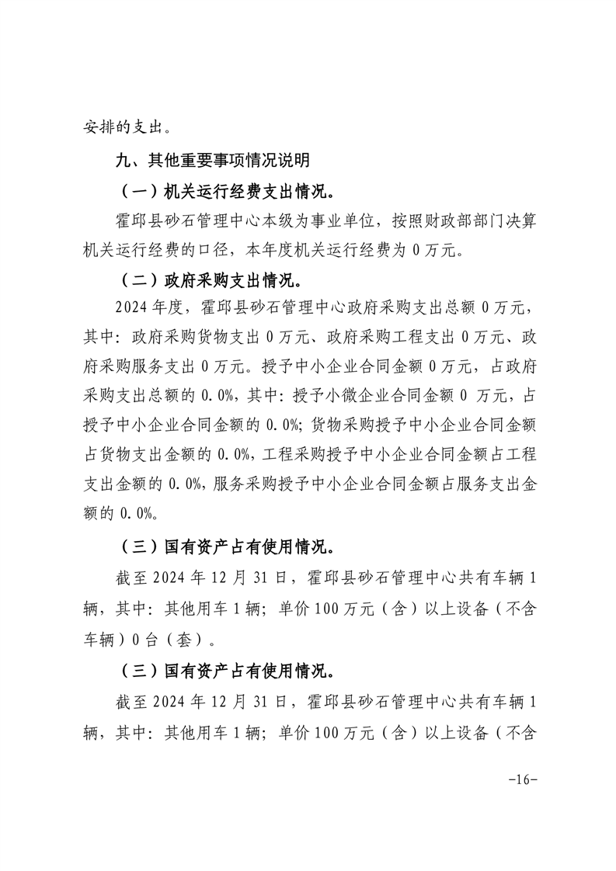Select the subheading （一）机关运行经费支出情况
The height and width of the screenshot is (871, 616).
[229, 191]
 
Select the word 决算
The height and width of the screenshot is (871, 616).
[520, 220]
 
